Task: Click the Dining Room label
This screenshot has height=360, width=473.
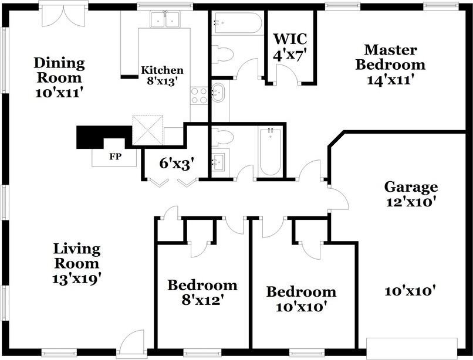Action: tap(59, 77)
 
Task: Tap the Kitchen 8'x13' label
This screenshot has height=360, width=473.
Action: tap(163, 76)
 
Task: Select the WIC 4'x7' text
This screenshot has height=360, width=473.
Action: tap(290, 47)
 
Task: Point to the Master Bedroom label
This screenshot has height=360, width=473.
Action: tap(390, 65)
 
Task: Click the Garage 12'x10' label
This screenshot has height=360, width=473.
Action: tap(411, 194)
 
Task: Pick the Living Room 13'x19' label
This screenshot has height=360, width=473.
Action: tap(76, 263)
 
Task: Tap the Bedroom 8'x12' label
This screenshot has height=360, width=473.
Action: tap(202, 292)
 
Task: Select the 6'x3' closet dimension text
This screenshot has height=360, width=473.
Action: tap(177, 164)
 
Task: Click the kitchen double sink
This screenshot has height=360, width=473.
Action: tap(165, 19)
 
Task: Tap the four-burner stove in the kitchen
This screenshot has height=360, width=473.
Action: tap(199, 96)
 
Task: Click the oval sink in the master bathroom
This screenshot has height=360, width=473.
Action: tap(218, 93)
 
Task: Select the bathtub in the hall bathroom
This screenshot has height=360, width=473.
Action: tap(271, 152)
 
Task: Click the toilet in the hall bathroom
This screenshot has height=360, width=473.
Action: tap(222, 137)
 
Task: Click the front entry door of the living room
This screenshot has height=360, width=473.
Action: tap(131, 342)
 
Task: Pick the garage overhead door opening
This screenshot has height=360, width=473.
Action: tap(412, 348)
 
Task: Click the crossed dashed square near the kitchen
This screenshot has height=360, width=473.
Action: tap(148, 130)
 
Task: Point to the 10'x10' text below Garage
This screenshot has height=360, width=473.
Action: tap(411, 291)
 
